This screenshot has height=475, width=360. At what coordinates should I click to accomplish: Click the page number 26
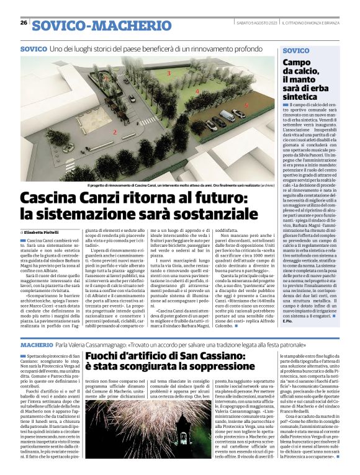(24, 22)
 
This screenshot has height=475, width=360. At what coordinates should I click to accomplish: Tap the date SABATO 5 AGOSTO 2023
(255, 23)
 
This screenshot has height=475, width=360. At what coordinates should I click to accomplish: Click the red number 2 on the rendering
(114, 132)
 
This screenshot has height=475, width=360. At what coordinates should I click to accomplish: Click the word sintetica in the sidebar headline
(301, 97)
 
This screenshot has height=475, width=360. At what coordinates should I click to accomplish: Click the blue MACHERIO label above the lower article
(37, 344)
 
